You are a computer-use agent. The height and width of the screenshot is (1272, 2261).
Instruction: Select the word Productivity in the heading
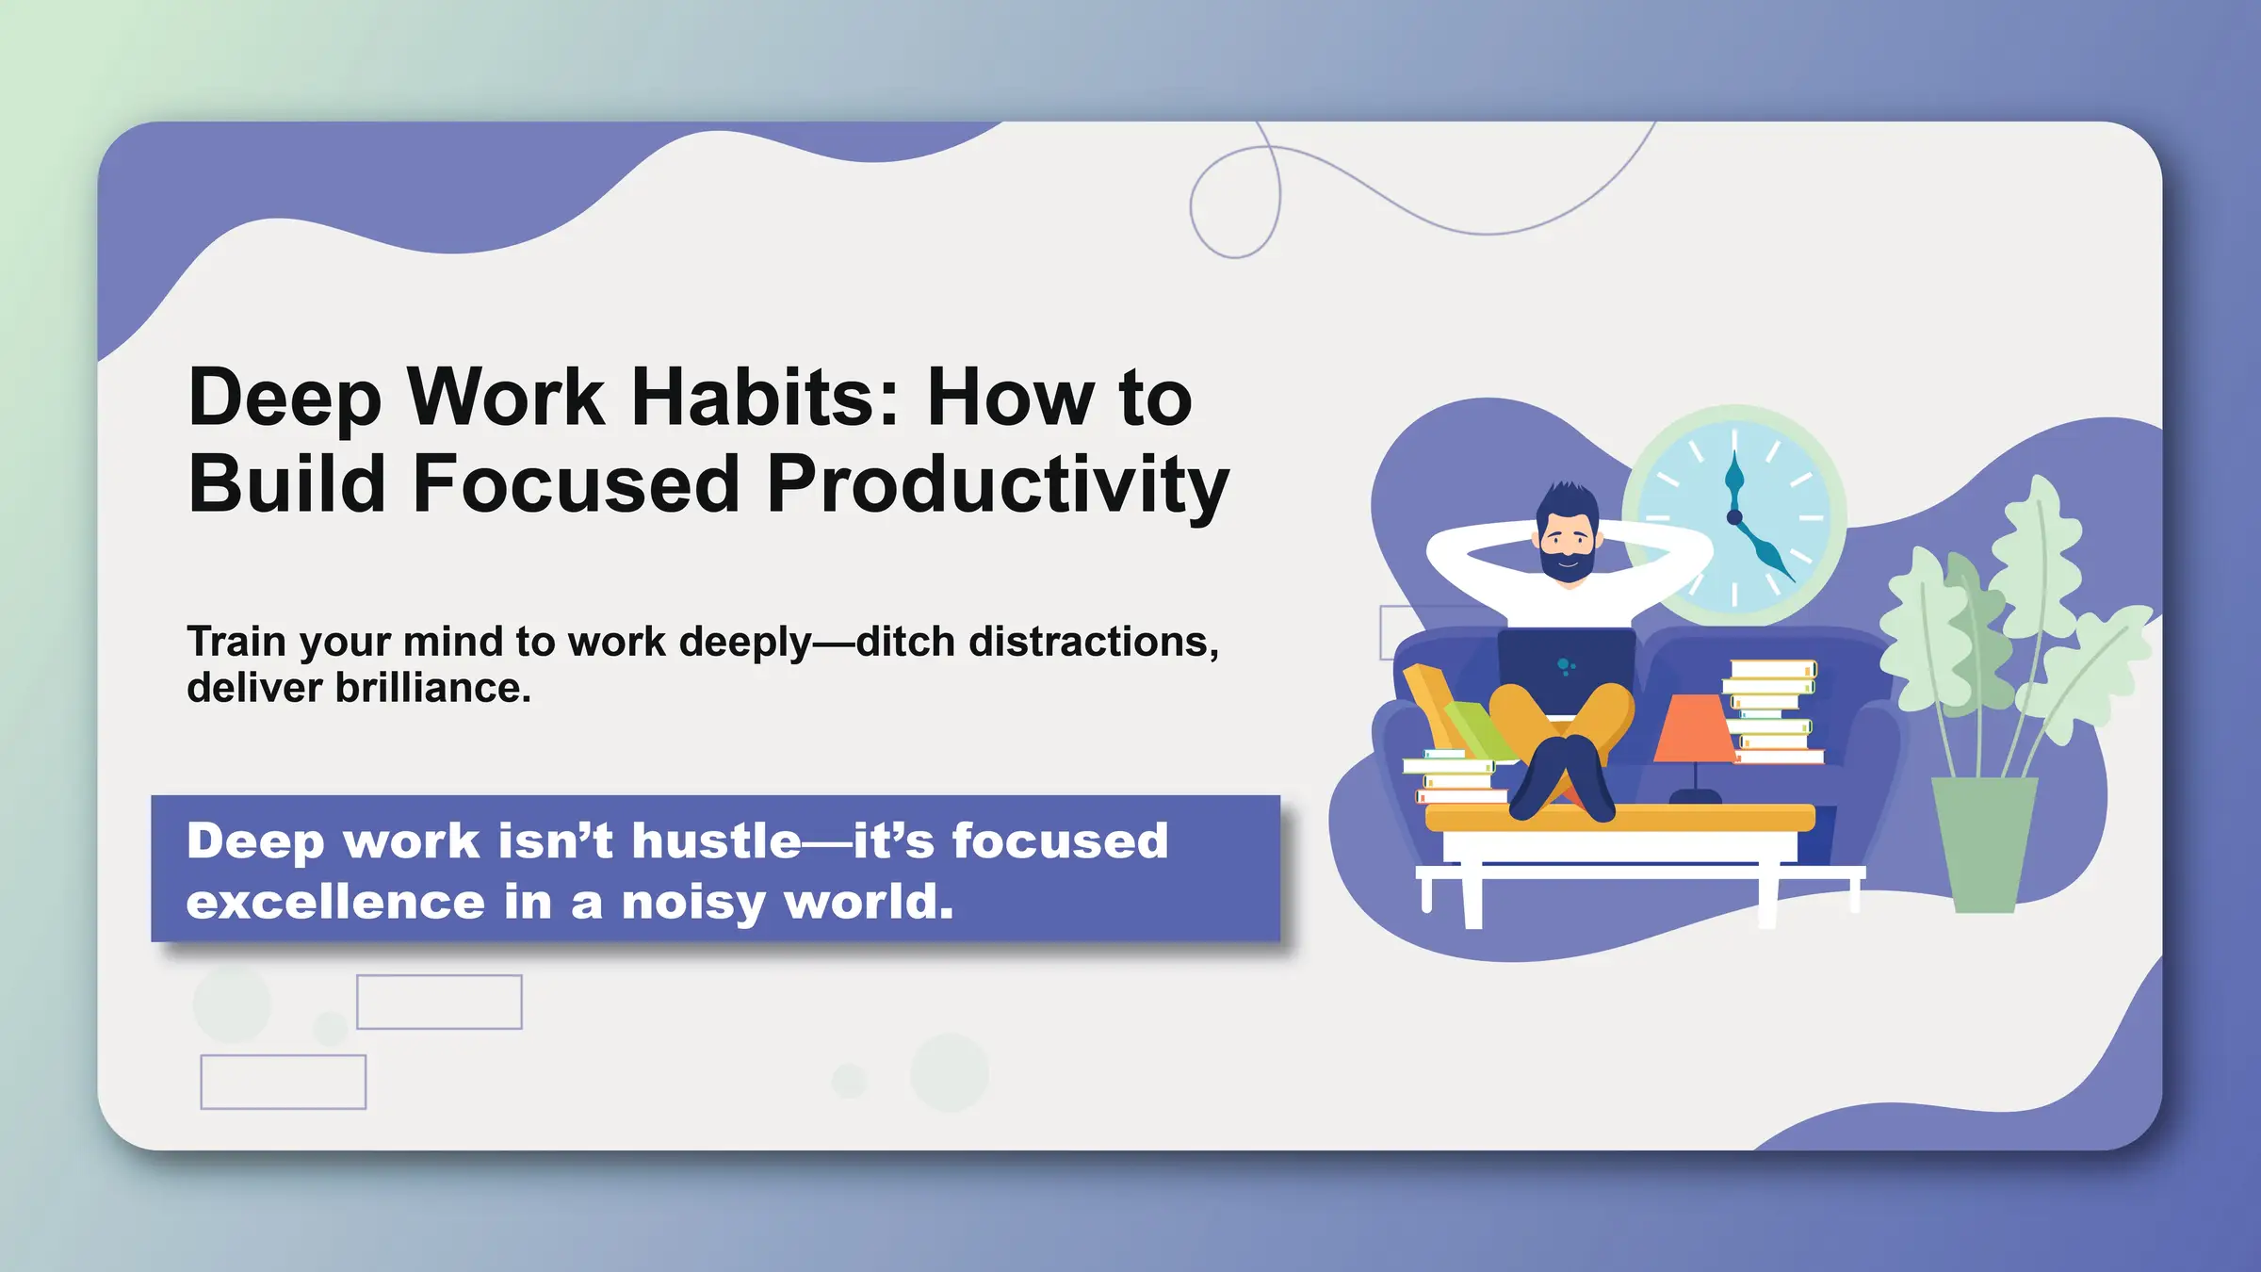pos(999,484)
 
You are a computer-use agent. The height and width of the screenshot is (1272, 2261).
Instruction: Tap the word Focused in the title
pos(576,484)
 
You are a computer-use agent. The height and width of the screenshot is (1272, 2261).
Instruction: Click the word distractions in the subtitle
pos(1093,642)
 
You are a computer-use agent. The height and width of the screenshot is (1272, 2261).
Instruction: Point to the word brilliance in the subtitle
pos(432,688)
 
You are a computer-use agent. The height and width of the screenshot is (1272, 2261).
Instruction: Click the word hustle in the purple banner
pos(716,840)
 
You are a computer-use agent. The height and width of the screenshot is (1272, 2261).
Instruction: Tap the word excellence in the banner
pos(335,902)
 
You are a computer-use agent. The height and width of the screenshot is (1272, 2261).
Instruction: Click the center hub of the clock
pos(1733,516)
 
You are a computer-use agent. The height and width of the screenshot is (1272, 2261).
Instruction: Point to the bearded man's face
pos(1566,542)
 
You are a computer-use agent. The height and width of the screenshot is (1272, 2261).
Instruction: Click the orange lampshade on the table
pos(1695,729)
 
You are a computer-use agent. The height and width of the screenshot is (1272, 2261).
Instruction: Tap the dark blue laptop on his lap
pos(1566,670)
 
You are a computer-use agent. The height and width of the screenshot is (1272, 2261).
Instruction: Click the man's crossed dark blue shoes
pos(1564,777)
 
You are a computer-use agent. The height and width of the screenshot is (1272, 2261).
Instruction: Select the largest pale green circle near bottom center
pos(949,1072)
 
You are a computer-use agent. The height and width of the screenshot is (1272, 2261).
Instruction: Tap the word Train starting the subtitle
pos(236,642)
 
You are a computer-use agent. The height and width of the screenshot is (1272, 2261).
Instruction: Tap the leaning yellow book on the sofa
pos(1431,702)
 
